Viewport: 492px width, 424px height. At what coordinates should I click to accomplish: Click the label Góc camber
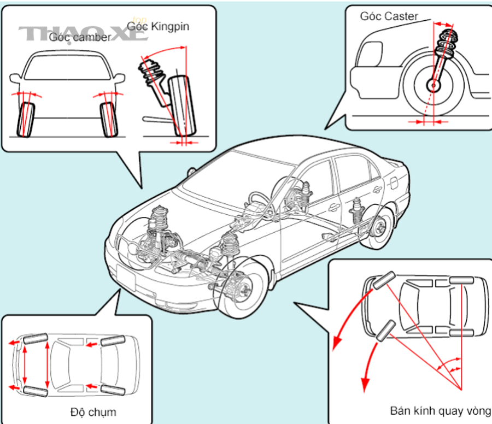tap(79, 37)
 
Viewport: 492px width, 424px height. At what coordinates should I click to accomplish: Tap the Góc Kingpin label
tap(158, 26)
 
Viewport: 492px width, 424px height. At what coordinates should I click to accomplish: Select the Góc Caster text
tap(389, 16)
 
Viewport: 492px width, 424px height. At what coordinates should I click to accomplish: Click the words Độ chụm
tap(93, 411)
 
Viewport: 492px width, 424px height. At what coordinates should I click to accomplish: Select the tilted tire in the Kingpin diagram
tap(182, 107)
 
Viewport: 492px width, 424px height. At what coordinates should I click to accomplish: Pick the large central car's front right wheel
tap(243, 288)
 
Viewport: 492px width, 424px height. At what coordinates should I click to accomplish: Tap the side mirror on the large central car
tap(191, 171)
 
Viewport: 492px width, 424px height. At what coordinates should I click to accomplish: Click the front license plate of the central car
tap(128, 279)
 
